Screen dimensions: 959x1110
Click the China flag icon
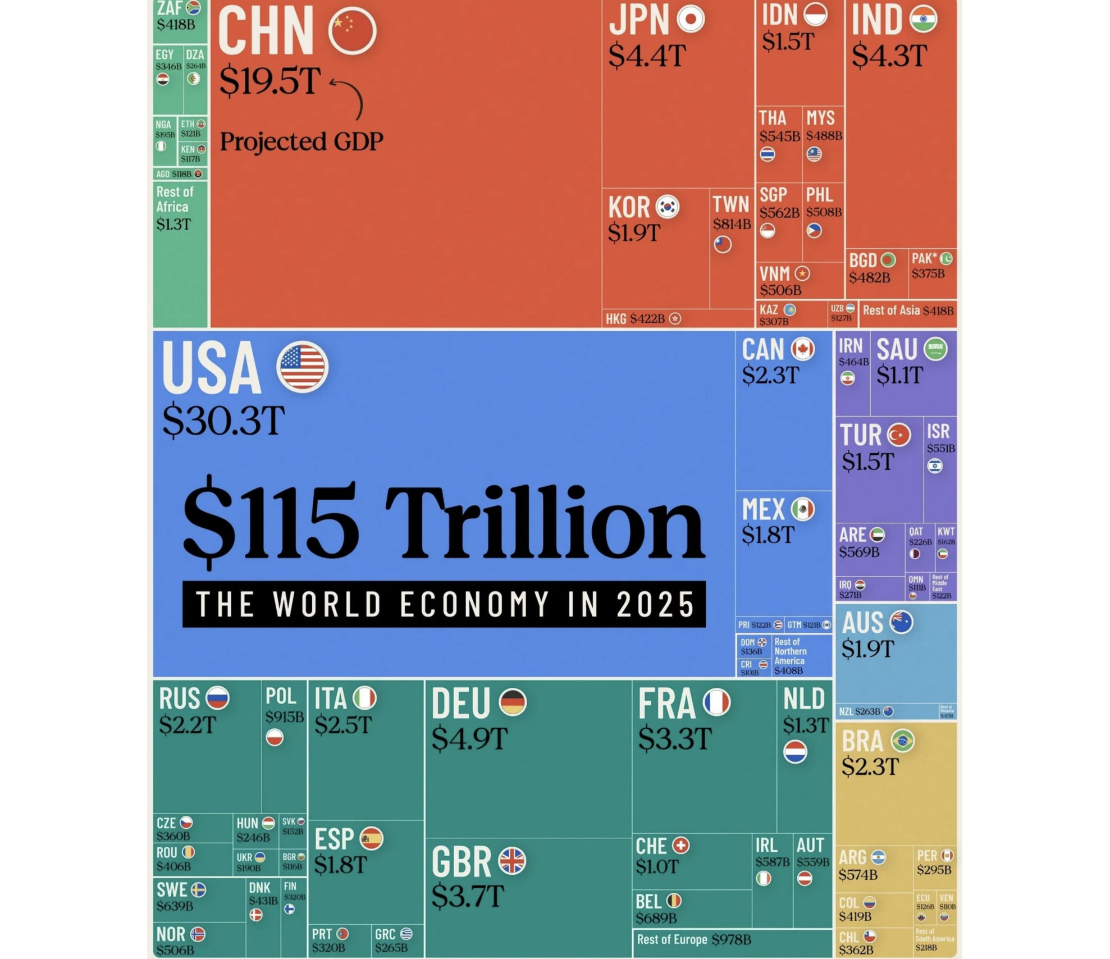(352, 31)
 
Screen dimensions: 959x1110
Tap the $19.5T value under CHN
(270, 81)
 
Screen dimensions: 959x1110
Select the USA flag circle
(302, 366)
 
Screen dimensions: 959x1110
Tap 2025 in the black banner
(655, 605)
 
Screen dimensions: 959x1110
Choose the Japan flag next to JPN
(691, 19)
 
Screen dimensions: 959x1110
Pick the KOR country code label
(629, 208)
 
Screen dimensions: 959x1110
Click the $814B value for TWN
(732, 224)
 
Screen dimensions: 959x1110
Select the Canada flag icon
(803, 349)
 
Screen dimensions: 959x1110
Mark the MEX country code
(763, 510)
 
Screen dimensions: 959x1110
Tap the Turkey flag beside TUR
(899, 435)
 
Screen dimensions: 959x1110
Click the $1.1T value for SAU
(899, 375)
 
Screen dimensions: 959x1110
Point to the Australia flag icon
(901, 622)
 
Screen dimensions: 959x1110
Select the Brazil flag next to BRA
(903, 741)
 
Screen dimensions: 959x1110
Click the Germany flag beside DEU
(513, 702)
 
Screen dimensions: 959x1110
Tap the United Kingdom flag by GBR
(512, 861)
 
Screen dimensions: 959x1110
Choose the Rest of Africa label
(175, 199)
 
